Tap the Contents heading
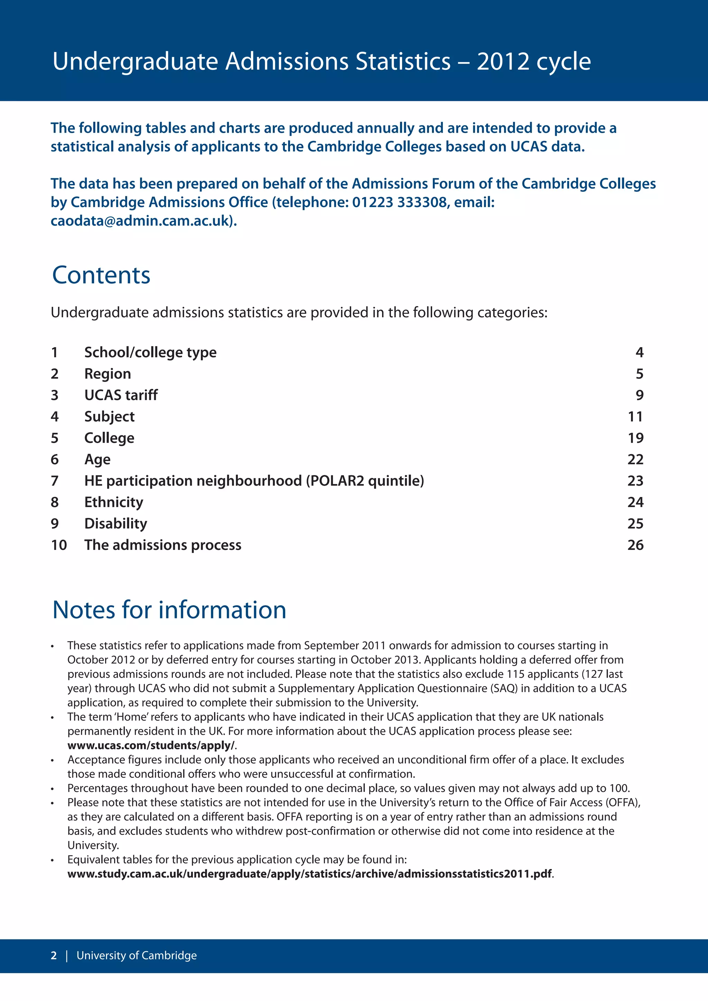pyautogui.click(x=101, y=275)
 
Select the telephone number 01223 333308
pyautogui.click(x=399, y=202)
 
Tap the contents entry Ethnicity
pyautogui.click(x=113, y=502)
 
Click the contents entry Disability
pyautogui.click(x=115, y=524)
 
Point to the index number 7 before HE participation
pyautogui.click(x=55, y=481)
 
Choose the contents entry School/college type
pyautogui.click(x=150, y=352)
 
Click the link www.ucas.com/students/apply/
pyautogui.click(x=151, y=745)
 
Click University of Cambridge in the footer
pyautogui.click(x=137, y=955)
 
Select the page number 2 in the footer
pyautogui.click(x=54, y=955)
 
